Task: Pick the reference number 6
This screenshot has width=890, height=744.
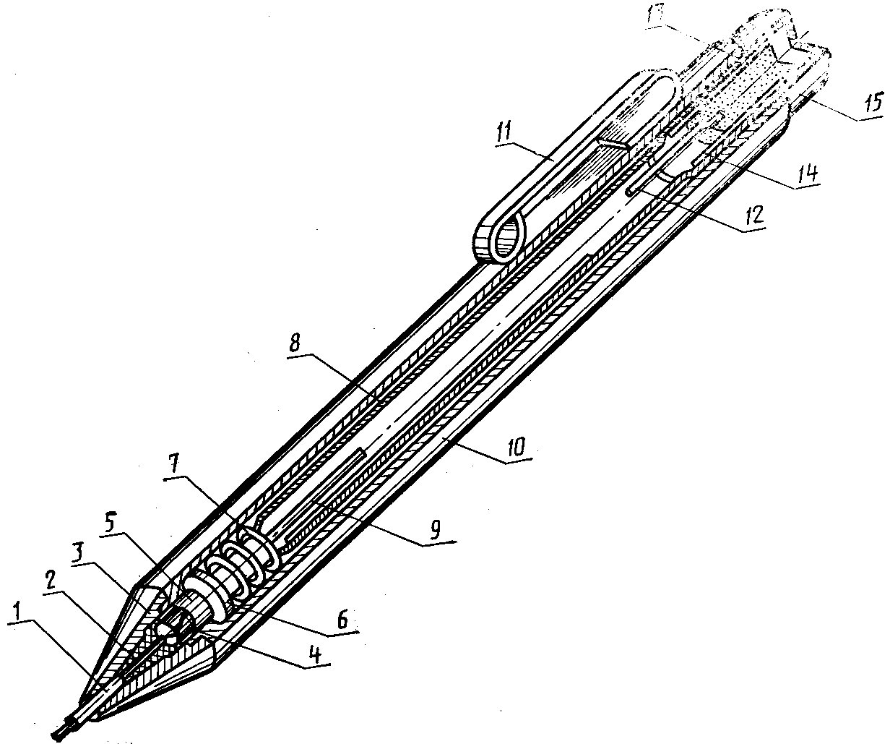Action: click(x=342, y=620)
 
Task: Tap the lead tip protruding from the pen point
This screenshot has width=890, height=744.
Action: click(x=62, y=729)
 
